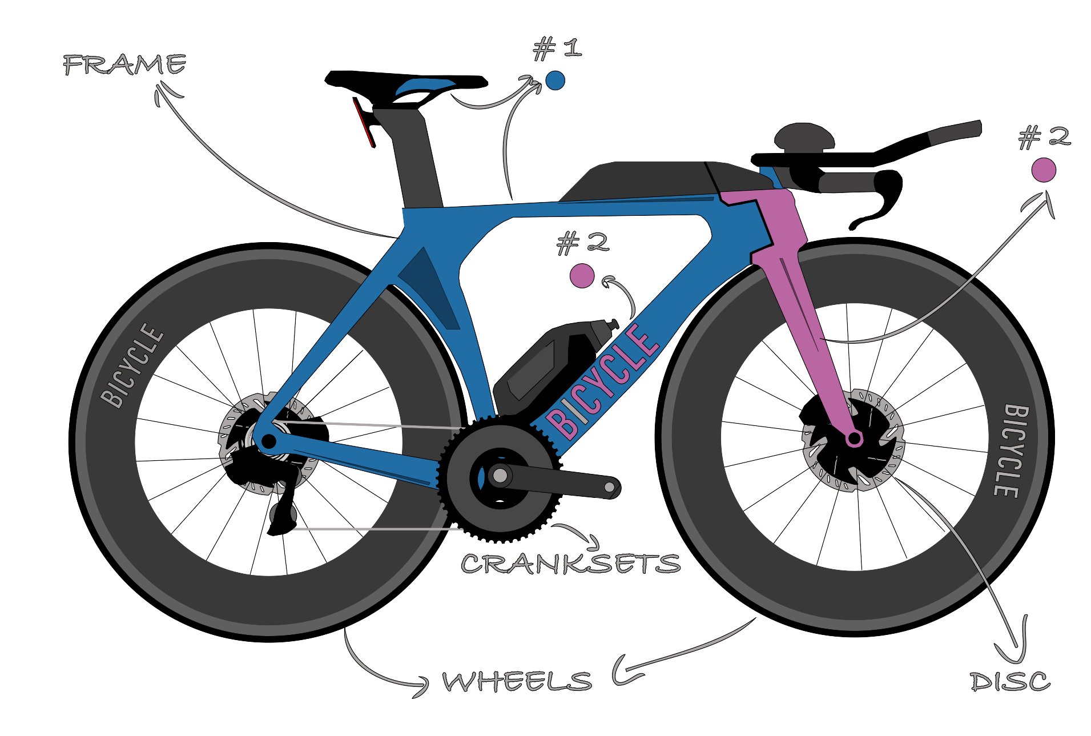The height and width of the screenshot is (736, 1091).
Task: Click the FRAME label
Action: tap(124, 65)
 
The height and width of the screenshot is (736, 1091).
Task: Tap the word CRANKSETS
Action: tap(570, 564)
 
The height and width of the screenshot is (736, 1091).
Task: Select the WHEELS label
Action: tap(517, 681)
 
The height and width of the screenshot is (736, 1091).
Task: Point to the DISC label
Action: tap(1010, 681)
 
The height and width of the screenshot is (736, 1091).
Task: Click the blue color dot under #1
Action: tap(555, 81)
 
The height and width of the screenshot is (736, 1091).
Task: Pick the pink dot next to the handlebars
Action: tap(1044, 170)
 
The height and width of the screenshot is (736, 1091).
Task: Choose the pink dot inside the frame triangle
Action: tap(582, 276)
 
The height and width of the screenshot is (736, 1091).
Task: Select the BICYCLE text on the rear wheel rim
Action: tap(132, 365)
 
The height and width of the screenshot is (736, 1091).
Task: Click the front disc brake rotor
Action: tap(854, 440)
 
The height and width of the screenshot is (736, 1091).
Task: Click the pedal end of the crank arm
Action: tap(610, 488)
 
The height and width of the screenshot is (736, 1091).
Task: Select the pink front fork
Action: tap(799, 297)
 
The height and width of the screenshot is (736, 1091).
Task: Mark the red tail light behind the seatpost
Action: tap(363, 122)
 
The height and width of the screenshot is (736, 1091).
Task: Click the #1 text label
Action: tap(558, 49)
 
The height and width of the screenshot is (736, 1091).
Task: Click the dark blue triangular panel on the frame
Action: tap(429, 289)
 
